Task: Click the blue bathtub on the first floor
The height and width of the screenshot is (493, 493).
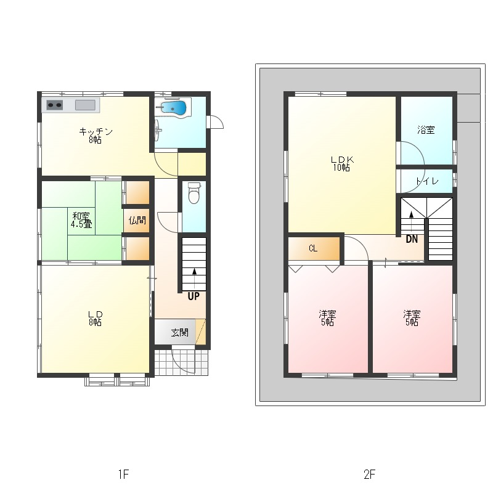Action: point(174,108)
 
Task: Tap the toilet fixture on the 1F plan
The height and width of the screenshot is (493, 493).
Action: point(194,193)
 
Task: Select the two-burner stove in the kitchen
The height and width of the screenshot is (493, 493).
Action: point(54,105)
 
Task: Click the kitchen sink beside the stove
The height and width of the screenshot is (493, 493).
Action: point(85,105)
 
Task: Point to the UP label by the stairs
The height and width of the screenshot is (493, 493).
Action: point(194,296)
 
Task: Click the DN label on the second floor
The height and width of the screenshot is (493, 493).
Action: point(412,239)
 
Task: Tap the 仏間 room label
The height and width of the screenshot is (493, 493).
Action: point(137,220)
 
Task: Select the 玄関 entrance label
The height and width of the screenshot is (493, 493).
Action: point(179,332)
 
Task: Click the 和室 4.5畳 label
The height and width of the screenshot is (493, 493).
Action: point(81,220)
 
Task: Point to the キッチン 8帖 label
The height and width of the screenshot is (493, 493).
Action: point(96,136)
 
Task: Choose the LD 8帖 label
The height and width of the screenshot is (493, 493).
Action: point(95,318)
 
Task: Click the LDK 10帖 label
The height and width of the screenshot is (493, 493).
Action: point(342,163)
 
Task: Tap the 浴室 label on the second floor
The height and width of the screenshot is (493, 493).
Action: point(426,130)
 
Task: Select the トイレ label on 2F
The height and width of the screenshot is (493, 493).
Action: point(426,181)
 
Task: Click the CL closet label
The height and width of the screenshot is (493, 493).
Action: point(313,248)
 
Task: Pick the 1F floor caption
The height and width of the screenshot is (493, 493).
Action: point(124,474)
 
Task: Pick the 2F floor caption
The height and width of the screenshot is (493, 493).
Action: point(370,474)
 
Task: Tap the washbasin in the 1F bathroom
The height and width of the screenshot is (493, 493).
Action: point(158,129)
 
